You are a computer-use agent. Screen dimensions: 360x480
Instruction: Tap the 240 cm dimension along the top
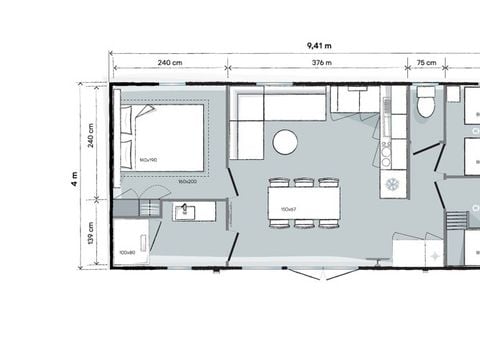pyautogui.click(x=170, y=63)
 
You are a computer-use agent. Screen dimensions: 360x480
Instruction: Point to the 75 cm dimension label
pyautogui.click(x=425, y=63)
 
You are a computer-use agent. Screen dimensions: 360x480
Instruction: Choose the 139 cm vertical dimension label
pyautogui.click(x=92, y=232)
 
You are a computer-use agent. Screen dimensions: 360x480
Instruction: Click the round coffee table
pyautogui.click(x=285, y=142)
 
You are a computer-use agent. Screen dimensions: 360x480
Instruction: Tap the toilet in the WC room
pyautogui.click(x=425, y=102)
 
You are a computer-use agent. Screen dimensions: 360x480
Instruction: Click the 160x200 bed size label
pyautogui.click(x=186, y=182)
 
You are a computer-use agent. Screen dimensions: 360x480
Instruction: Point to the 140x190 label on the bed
pyautogui.click(x=150, y=160)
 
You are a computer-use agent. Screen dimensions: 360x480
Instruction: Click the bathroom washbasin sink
pyautogui.click(x=186, y=211)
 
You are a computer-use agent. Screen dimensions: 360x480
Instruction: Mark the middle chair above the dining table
pyautogui.click(x=304, y=182)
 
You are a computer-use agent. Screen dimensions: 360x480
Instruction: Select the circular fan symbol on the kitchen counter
pyautogui.click(x=392, y=185)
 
